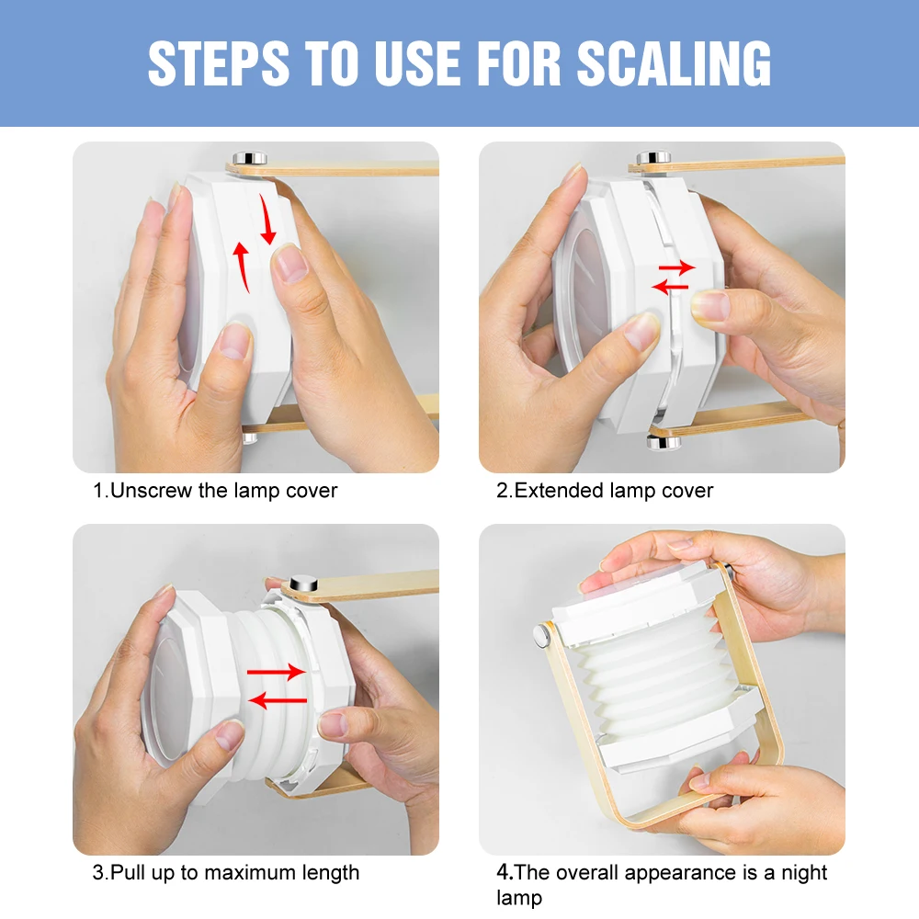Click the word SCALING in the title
[x=674, y=63]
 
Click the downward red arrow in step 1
[x=267, y=218]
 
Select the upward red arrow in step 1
[x=242, y=267]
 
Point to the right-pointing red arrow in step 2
[x=677, y=267]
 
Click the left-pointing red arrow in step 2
[x=670, y=287]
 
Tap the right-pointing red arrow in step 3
[x=276, y=672]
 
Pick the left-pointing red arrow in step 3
[x=278, y=699]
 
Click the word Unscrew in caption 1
[x=152, y=490]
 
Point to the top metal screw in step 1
[x=250, y=158]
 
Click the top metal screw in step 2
[x=654, y=158]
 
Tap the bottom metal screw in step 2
[x=664, y=441]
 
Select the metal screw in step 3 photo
[x=303, y=584]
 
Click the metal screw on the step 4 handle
[x=541, y=635]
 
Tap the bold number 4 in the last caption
[x=503, y=872]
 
